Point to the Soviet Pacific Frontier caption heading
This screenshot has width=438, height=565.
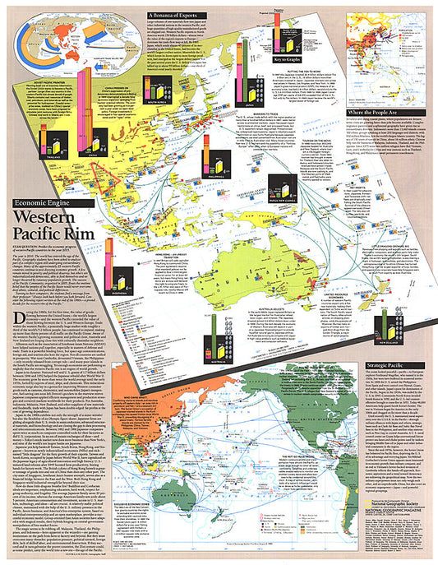(x=47, y=81)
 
